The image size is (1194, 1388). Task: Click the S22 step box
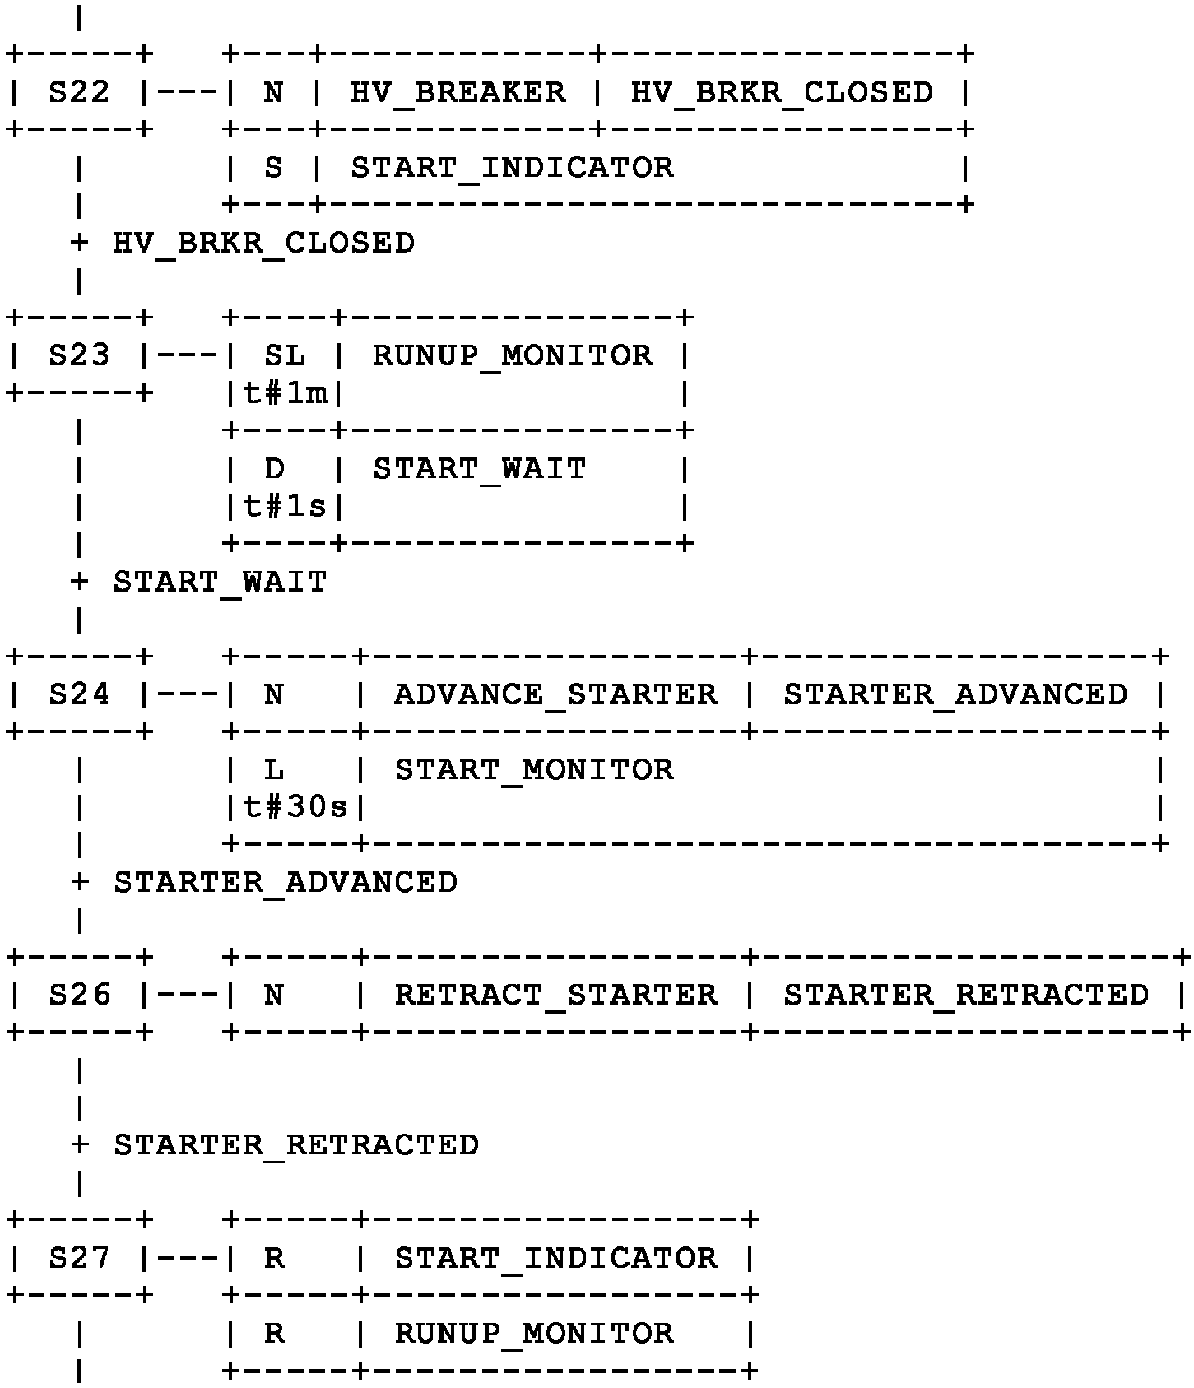coord(79,92)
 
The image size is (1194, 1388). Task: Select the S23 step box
coord(79,355)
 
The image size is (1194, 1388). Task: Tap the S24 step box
coord(79,695)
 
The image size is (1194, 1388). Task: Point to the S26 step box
coord(79,996)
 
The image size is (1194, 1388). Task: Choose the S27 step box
coord(79,1258)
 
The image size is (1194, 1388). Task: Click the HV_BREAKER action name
coord(458,92)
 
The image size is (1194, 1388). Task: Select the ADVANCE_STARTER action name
coord(555,695)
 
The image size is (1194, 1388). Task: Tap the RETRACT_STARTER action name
coord(555,996)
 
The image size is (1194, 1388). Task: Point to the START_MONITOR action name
coord(534,770)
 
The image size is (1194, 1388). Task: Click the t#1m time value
coord(286,394)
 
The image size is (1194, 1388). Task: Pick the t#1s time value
coord(286,507)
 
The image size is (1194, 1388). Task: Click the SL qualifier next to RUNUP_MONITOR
coord(285,355)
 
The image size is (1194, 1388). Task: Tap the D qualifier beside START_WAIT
coord(274,469)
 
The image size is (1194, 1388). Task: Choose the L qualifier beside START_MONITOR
coord(274,770)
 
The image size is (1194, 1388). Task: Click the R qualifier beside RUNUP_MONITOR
coord(274,1334)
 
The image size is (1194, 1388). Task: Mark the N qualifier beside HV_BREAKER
coord(273,92)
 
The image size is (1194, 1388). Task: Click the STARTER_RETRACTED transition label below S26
coord(296,1145)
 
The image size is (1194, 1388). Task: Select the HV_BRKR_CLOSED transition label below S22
coord(263,244)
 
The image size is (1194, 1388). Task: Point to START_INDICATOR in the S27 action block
coord(555,1258)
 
